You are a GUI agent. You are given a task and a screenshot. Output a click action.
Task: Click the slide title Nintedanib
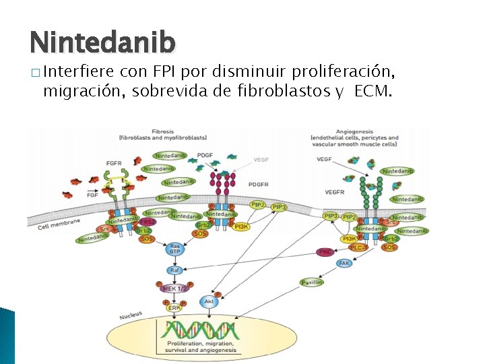coord(102,42)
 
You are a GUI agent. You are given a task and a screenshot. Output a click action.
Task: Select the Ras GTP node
coord(174,249)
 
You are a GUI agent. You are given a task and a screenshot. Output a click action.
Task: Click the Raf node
coord(174,270)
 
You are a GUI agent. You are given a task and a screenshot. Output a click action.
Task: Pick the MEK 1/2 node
coord(174,289)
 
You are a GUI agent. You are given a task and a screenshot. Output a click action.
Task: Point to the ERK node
coord(174,308)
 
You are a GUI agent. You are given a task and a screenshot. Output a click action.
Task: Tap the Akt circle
coord(209,301)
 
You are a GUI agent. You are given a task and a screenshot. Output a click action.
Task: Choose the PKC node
coord(325,252)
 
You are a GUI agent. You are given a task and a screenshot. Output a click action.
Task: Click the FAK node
coord(344,264)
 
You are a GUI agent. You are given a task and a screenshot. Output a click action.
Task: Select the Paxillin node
coord(312,282)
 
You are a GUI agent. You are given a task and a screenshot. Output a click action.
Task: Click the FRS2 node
coord(148,222)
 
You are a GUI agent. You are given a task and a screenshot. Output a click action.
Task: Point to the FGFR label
coord(114,162)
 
